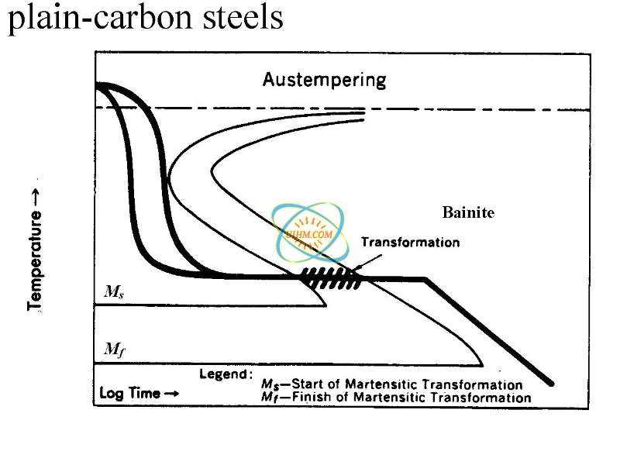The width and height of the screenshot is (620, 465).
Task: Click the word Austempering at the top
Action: (x=324, y=79)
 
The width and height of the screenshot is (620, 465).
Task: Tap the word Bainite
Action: (x=468, y=212)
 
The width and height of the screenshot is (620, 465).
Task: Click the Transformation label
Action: (x=410, y=242)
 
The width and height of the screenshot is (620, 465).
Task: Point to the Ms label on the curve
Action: (x=113, y=292)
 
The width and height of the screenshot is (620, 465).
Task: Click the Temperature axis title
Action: (x=35, y=251)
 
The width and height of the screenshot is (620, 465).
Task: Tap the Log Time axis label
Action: (x=129, y=393)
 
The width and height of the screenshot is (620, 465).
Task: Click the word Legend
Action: (x=226, y=374)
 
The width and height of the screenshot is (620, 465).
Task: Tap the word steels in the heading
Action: (x=236, y=19)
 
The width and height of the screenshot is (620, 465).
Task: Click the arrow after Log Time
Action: (x=172, y=393)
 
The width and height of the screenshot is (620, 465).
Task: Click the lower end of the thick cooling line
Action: (x=551, y=383)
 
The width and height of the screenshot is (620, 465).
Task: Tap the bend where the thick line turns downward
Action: (x=425, y=279)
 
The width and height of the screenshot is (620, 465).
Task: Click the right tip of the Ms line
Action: (x=326, y=305)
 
